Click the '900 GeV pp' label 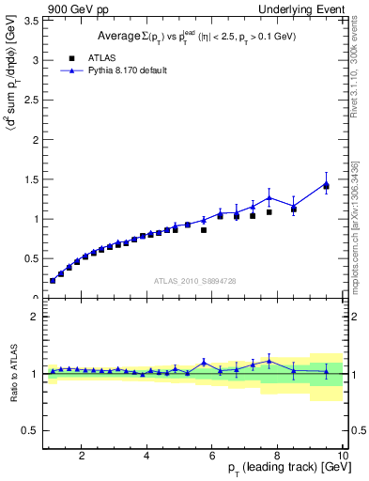(x=72, y=8)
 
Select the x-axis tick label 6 (x=212, y=457)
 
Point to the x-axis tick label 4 (x=147, y=457)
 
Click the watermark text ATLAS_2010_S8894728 (x=193, y=281)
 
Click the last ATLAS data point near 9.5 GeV (x=326, y=186)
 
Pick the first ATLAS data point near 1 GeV (x=53, y=280)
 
